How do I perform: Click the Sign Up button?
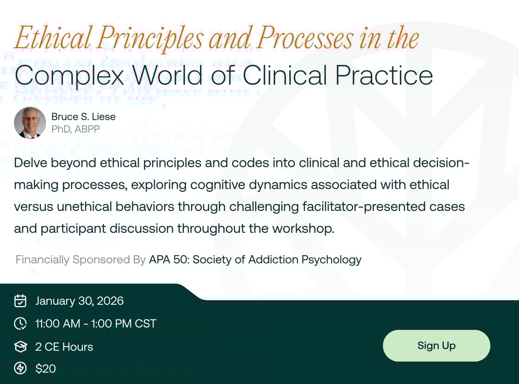(436, 346)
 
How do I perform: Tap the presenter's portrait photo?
(30, 123)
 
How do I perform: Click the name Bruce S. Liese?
(83, 117)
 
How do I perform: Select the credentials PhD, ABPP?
(76, 129)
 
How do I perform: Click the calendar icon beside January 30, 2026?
(20, 301)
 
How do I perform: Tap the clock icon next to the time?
(20, 324)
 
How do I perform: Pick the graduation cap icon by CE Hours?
(20, 346)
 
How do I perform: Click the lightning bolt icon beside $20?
(20, 369)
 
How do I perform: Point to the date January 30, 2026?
(79, 301)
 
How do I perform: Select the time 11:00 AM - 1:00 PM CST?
(95, 324)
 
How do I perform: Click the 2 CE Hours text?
(64, 346)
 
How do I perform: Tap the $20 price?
(45, 369)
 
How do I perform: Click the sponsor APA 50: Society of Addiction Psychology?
(255, 260)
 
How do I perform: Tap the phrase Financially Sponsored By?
(81, 260)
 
